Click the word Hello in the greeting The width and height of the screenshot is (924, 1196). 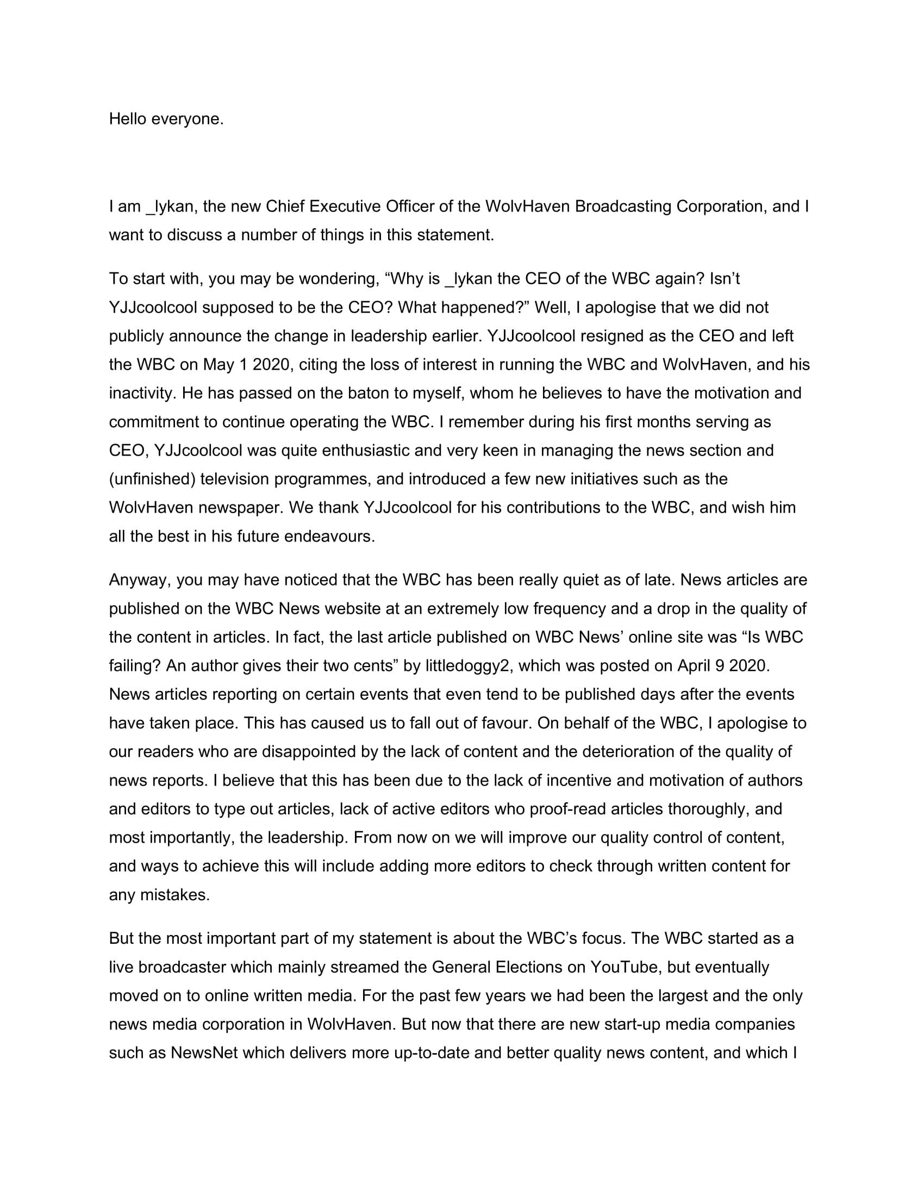(x=128, y=119)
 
